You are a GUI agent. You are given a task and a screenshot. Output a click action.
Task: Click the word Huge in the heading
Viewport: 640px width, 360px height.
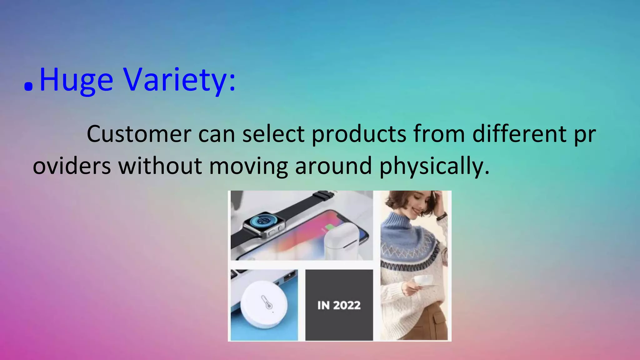[76, 80]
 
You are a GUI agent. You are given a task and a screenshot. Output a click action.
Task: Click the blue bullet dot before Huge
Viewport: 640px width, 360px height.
[28, 87]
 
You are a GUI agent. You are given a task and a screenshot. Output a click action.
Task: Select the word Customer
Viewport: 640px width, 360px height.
[139, 134]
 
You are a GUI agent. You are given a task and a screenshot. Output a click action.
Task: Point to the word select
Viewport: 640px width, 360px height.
[273, 134]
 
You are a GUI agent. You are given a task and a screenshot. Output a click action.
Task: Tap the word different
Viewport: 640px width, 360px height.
[519, 134]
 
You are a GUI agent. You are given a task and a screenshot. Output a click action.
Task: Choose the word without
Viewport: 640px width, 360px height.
[160, 166]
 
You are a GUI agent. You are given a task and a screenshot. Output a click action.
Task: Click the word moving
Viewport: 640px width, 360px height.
[248, 167]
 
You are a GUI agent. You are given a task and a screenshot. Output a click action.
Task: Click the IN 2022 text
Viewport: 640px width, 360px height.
[339, 305]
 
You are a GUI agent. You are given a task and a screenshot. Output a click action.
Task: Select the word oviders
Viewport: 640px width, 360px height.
[72, 166]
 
